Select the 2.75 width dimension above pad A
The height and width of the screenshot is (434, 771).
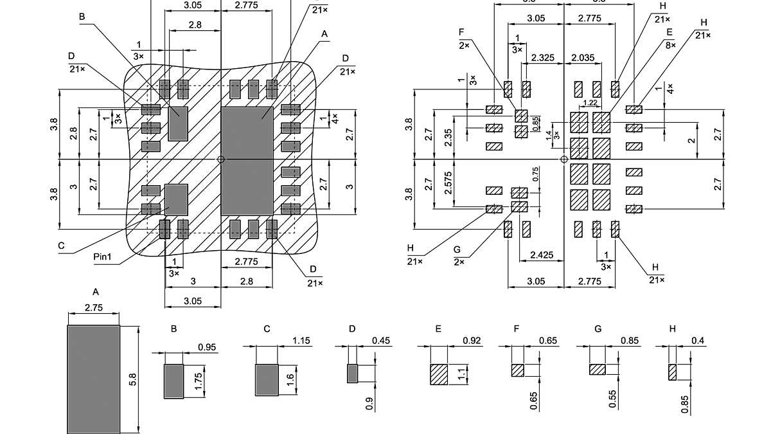[94, 308]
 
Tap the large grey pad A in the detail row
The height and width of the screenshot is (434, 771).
[94, 379]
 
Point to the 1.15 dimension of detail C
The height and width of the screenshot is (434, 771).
[301, 340]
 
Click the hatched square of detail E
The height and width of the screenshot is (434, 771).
[439, 374]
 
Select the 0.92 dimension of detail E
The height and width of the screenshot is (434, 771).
[471, 340]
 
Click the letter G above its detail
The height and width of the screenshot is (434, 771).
[598, 329]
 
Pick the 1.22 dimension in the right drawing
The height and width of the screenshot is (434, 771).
[590, 104]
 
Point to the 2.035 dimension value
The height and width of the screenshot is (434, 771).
[582, 58]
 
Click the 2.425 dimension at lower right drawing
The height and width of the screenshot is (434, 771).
[542, 255]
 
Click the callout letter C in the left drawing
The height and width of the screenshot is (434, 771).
[61, 246]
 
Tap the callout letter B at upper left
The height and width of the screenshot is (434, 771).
[82, 17]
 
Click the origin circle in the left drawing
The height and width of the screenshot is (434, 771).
[221, 159]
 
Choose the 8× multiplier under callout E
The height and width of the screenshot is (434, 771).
[670, 46]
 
